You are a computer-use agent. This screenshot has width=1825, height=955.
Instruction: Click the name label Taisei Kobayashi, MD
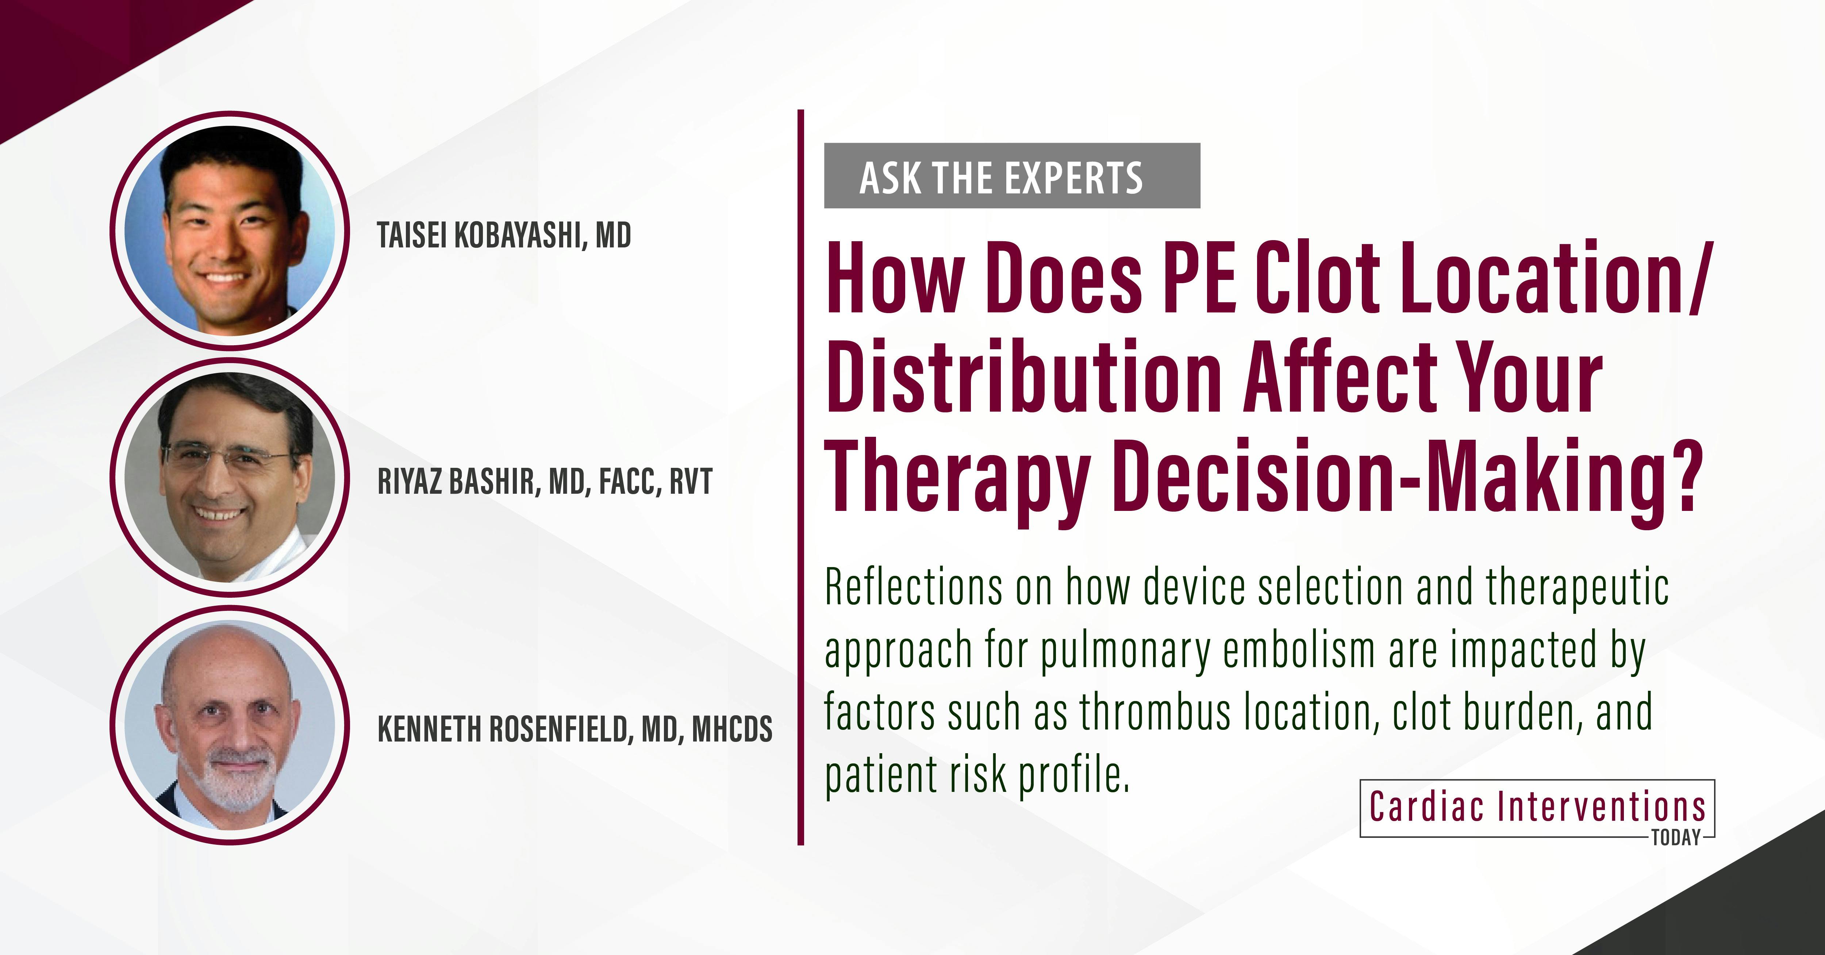coord(504,235)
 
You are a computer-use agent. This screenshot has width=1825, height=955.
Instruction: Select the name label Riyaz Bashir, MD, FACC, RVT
coord(544,482)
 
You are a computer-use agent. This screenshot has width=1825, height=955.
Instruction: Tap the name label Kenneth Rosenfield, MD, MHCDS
coord(575,729)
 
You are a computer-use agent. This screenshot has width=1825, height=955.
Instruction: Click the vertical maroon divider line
coord(800,477)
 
